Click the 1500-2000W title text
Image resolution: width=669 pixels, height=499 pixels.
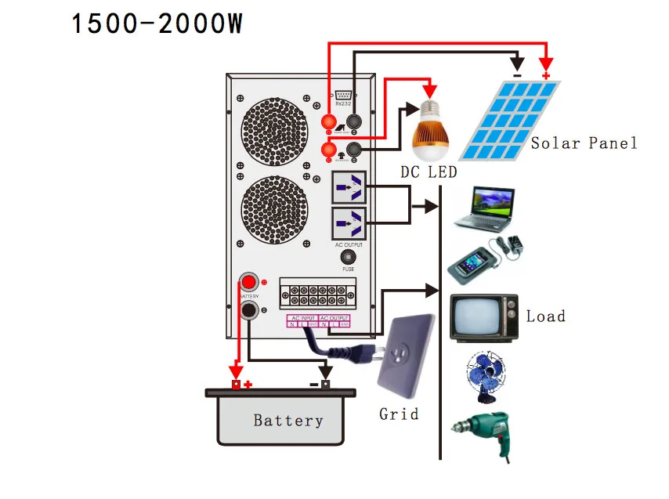tap(157, 24)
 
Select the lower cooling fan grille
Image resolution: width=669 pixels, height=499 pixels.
tap(271, 210)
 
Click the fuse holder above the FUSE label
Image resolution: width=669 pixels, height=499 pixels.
tap(348, 259)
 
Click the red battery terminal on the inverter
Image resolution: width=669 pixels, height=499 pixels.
tap(249, 282)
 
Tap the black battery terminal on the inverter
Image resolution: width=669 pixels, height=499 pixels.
tap(249, 311)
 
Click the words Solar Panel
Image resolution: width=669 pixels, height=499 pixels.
tap(584, 143)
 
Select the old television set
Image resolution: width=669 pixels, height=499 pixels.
tap(483, 317)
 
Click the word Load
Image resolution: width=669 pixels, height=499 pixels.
tap(545, 316)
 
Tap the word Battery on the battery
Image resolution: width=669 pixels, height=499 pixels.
tap(287, 421)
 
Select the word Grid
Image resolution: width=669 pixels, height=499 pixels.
tap(399, 414)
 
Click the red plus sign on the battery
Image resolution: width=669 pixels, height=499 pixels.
tap(248, 385)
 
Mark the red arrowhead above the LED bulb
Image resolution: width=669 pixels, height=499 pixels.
tap(429, 90)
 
